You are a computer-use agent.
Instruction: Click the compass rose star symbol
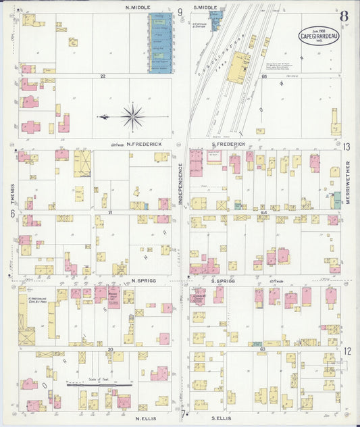[132, 117]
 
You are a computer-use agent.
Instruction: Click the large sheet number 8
[344, 16]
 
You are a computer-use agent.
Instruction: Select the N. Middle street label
[138, 7]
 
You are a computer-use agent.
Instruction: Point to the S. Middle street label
[205, 7]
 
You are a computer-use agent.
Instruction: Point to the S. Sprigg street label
[222, 280]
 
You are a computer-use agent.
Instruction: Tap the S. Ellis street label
[222, 418]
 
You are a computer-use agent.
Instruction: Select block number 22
[103, 76]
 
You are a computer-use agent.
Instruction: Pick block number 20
[109, 349]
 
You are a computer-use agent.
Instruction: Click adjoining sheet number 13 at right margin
[346, 147]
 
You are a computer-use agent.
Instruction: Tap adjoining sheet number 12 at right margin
[346, 351]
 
